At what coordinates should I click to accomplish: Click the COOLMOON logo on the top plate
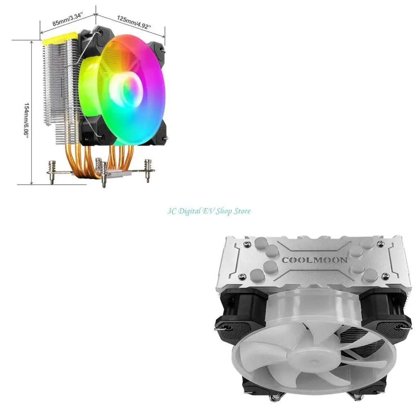(x=314, y=260)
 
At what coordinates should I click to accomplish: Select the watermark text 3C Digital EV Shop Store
(x=209, y=211)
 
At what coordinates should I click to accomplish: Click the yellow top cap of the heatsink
(x=57, y=40)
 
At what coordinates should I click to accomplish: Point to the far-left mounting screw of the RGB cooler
(x=52, y=171)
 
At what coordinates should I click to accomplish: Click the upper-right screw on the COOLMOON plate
(x=381, y=244)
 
